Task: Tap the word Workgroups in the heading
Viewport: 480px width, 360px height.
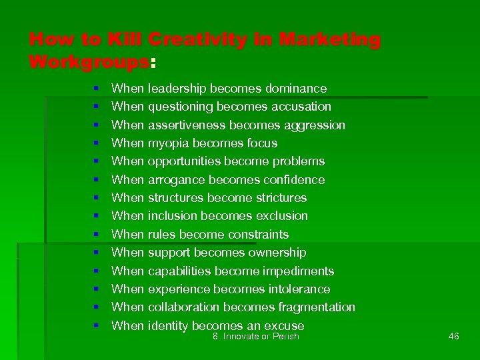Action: [90, 63]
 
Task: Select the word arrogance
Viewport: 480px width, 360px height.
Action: [175, 180]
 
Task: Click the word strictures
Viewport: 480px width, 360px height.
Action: [275, 198]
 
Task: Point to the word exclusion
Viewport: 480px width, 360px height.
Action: [279, 216]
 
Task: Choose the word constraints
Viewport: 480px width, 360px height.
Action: [258, 235]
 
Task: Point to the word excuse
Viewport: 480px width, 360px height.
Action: [284, 326]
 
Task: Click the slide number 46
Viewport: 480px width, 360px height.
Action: [454, 337]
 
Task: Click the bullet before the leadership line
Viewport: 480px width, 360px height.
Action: [97, 89]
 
